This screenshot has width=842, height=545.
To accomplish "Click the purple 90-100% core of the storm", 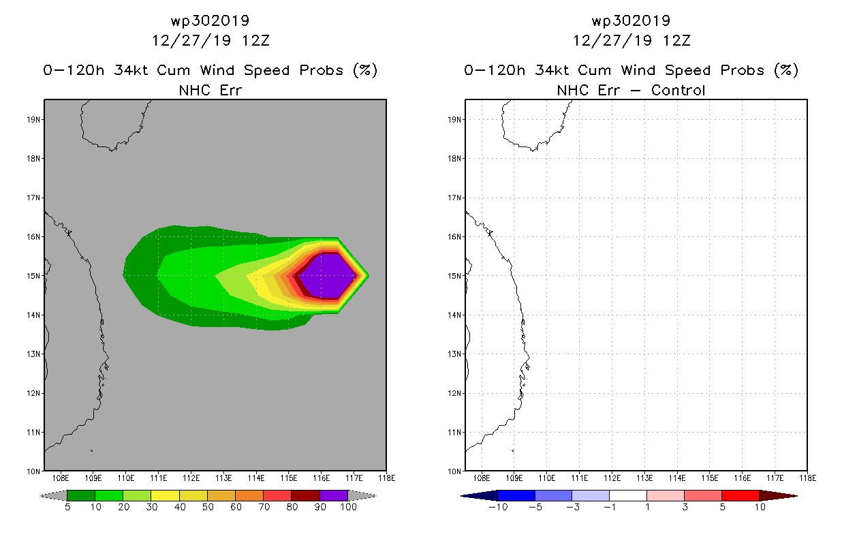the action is pyautogui.click(x=327, y=276).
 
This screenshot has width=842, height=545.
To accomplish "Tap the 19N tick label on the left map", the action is pyautogui.click(x=33, y=119).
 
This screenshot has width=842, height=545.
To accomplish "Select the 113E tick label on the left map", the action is pyautogui.click(x=223, y=478).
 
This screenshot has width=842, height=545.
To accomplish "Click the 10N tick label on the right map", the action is pyautogui.click(x=454, y=471).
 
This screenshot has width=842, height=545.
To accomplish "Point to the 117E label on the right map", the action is pyautogui.click(x=775, y=478).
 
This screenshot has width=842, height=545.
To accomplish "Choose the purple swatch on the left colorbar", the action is pyautogui.click(x=334, y=495).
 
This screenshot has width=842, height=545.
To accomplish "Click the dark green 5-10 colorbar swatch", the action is pyautogui.click(x=81, y=495).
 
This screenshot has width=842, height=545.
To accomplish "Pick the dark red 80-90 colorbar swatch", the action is pyautogui.click(x=306, y=495).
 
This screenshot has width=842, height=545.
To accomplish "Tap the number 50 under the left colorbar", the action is pyautogui.click(x=208, y=507).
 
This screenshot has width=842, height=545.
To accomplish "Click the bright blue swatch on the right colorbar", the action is pyautogui.click(x=516, y=495).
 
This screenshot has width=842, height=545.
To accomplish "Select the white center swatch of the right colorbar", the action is pyautogui.click(x=628, y=495).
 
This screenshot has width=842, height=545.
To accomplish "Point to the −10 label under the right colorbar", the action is pyautogui.click(x=498, y=507).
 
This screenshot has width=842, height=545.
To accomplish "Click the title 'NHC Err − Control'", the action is pyautogui.click(x=631, y=90).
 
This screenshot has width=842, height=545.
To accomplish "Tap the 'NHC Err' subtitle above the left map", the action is pyautogui.click(x=210, y=90).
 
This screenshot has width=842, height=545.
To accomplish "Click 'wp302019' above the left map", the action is pyautogui.click(x=210, y=20).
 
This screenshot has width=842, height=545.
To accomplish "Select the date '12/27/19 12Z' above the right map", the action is pyautogui.click(x=631, y=40).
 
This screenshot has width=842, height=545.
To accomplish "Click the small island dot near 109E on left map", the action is pyautogui.click(x=92, y=450).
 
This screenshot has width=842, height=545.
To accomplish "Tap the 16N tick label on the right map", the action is pyautogui.click(x=454, y=237).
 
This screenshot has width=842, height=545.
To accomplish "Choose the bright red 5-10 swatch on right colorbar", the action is pyautogui.click(x=740, y=495).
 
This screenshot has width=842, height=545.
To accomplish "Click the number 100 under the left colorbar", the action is pyautogui.click(x=348, y=507).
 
